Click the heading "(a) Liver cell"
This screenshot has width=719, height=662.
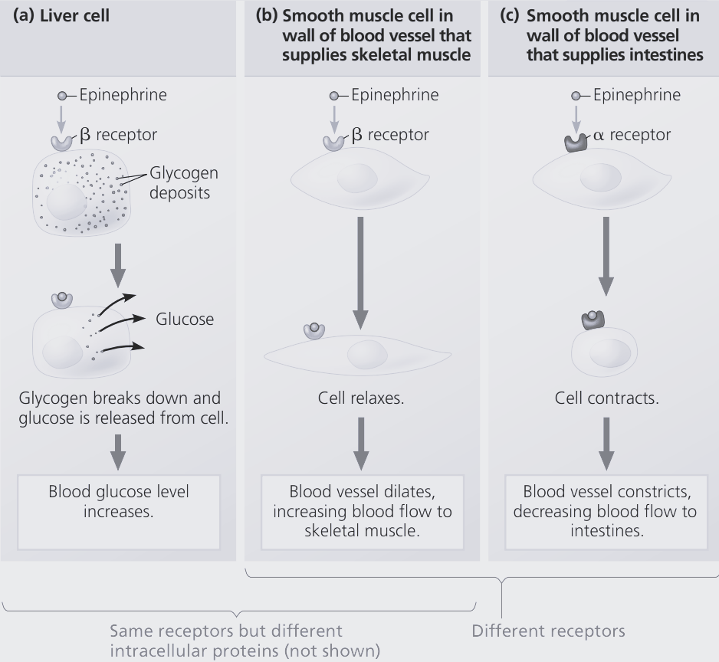[x=61, y=15]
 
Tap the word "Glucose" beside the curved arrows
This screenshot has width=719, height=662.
[x=185, y=319]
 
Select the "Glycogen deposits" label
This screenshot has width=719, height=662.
[x=179, y=182]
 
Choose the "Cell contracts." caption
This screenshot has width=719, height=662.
[x=606, y=398]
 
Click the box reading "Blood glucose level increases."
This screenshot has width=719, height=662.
[x=118, y=500]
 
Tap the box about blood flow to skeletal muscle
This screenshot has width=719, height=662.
[x=362, y=511]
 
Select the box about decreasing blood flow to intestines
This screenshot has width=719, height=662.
[x=609, y=511]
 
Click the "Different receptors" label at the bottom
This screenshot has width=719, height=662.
[x=548, y=631]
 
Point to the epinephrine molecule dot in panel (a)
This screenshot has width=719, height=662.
[x=63, y=96]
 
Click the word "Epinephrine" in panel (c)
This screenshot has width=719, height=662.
[x=636, y=95]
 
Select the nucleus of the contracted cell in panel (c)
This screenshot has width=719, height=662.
[x=610, y=353]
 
